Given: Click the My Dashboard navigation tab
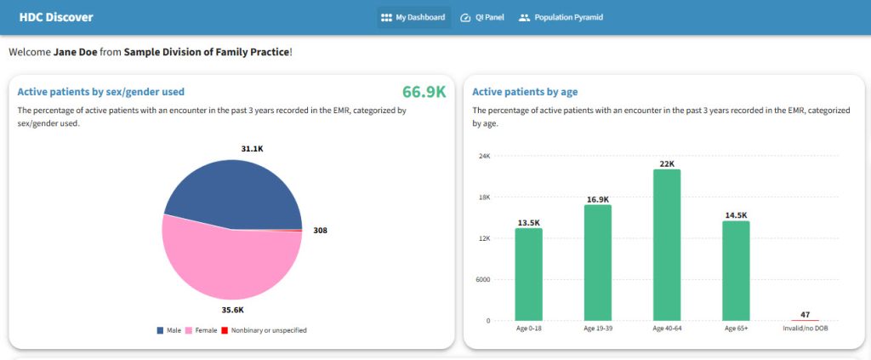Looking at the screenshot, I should click(x=413, y=17).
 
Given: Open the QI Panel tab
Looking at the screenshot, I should click(x=482, y=17).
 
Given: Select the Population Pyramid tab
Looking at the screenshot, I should click(x=561, y=17).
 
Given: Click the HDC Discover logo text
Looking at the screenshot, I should click(x=56, y=17).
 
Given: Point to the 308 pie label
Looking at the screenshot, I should click(x=320, y=230).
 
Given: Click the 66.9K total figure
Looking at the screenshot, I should click(x=424, y=92).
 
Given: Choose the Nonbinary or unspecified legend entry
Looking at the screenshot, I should click(x=264, y=330).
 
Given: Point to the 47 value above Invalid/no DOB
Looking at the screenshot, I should click(x=805, y=314).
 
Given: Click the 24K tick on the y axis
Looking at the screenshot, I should click(x=485, y=157).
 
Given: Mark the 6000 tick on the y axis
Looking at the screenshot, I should click(x=482, y=280).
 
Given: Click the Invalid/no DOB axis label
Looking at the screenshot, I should click(x=805, y=329).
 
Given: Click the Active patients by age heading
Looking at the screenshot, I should click(x=525, y=92).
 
